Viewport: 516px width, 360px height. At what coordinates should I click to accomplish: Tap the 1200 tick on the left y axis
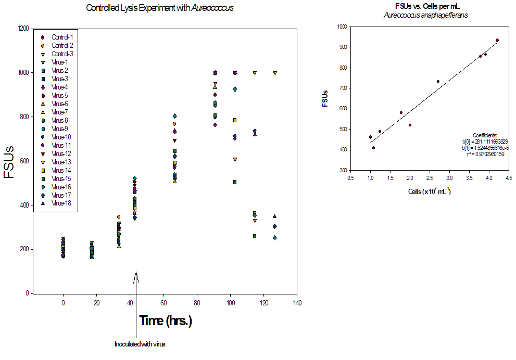22,28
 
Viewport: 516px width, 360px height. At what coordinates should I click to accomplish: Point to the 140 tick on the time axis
297,303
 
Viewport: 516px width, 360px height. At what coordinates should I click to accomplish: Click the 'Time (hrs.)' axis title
166,321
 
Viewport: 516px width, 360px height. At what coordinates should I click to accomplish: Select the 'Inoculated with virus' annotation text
140,344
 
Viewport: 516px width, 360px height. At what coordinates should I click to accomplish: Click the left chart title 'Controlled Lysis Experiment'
151,8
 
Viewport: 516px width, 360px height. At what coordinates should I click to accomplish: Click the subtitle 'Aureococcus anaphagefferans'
425,16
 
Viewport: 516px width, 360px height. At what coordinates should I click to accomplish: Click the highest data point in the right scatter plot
497,40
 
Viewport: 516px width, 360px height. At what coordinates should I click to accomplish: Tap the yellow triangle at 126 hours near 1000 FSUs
275,73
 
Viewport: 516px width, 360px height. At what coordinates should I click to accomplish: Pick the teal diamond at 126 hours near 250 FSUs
275,238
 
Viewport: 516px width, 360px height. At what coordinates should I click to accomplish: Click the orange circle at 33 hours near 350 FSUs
119,217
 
